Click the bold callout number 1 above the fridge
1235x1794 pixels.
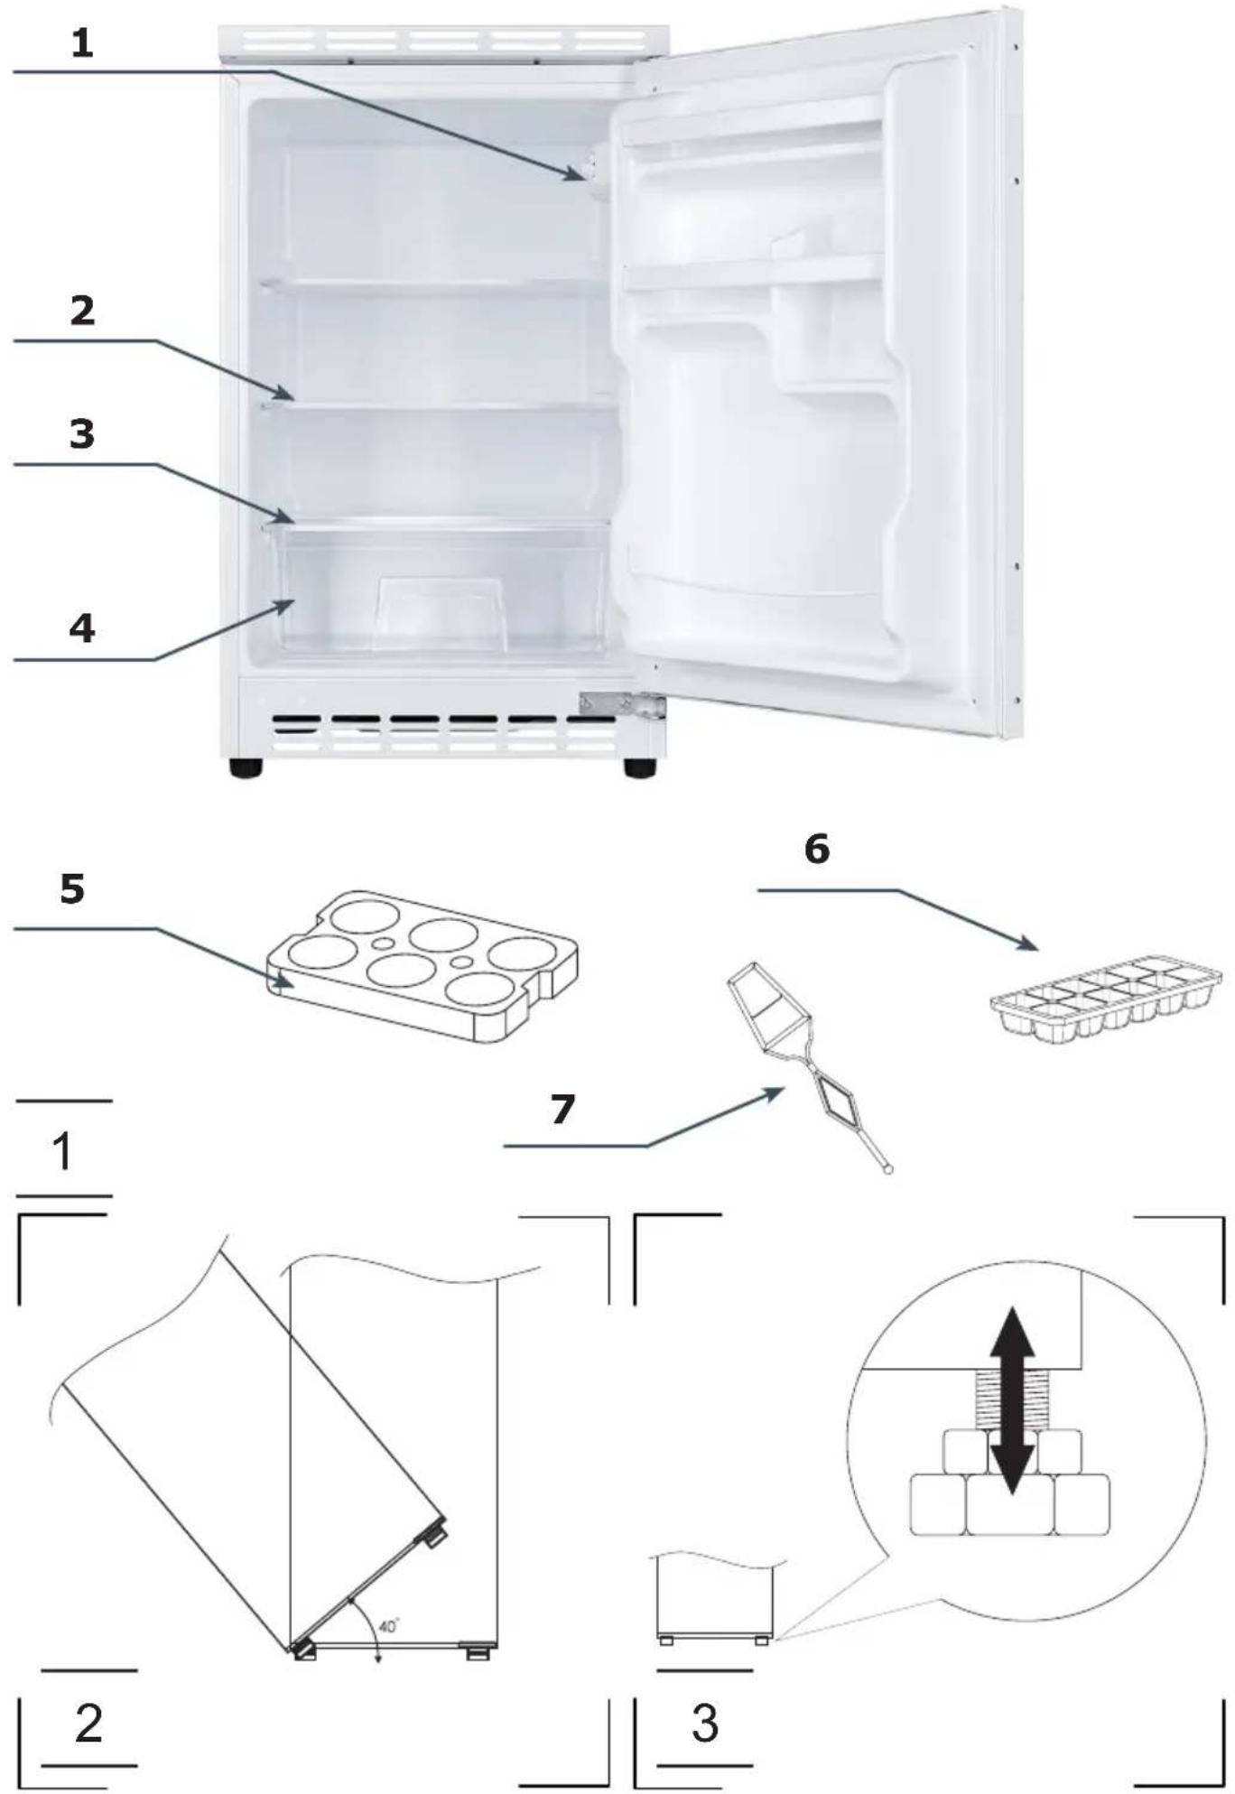[x=82, y=43]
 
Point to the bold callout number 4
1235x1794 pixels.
[x=82, y=628]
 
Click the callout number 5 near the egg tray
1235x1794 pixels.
[x=72, y=888]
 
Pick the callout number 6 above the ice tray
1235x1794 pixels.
[x=817, y=849]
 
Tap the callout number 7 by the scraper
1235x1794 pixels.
[x=562, y=1110]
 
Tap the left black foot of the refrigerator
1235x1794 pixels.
[x=246, y=768]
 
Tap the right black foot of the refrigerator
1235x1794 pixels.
[x=640, y=768]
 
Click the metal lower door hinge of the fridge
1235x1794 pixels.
[x=622, y=705]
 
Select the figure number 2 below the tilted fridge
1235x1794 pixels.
[x=88, y=1724]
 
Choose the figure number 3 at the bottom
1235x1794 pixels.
[x=705, y=1724]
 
